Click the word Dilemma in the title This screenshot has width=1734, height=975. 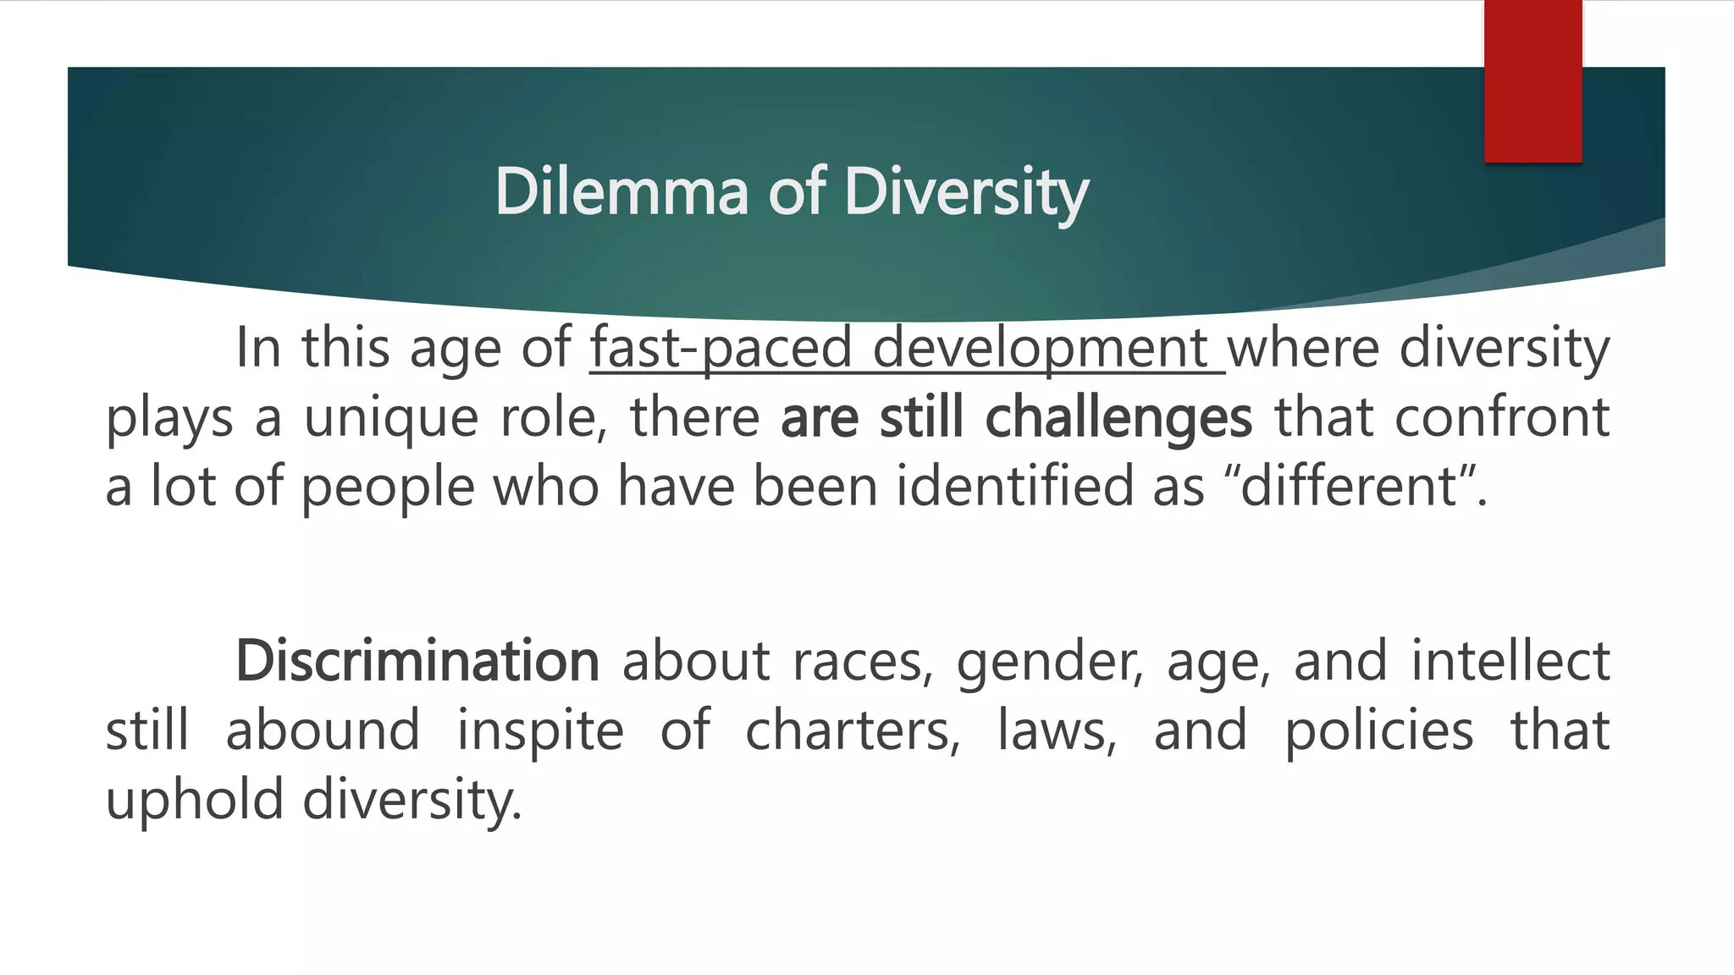pyautogui.click(x=621, y=191)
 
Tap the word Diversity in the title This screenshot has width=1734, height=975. pyautogui.click(x=966, y=193)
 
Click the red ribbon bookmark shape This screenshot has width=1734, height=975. pyautogui.click(x=1532, y=81)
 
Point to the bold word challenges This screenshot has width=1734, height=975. pyautogui.click(x=1118, y=418)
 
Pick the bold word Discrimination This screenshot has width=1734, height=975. pyautogui.click(x=417, y=661)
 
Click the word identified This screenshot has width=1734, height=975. pyautogui.click(x=1014, y=487)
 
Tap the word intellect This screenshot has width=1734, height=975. pyautogui.click(x=1510, y=661)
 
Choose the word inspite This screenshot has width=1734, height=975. pyautogui.click(x=540, y=731)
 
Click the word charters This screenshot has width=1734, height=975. pyautogui.click(x=853, y=731)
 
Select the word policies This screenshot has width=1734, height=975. pyautogui.click(x=1378, y=731)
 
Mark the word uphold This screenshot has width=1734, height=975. pyautogui.click(x=194, y=801)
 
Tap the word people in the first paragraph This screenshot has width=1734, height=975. pyautogui.click(x=388, y=489)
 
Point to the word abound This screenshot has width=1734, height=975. pyautogui.click(x=323, y=731)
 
